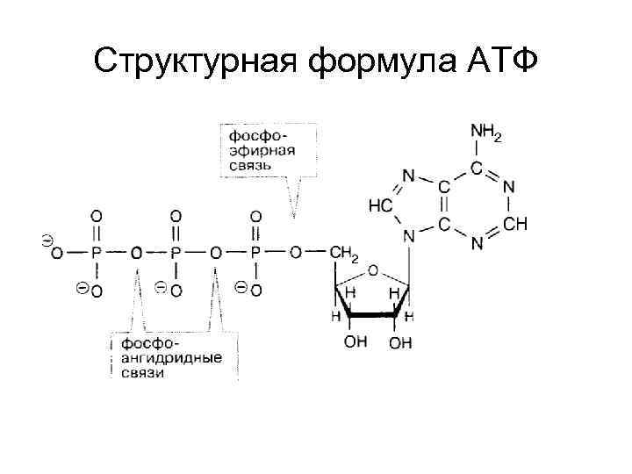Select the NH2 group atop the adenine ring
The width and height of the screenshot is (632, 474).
[486, 134]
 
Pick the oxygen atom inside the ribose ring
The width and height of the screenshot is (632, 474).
[372, 270]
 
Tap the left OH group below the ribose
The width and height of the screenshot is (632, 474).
[355, 342]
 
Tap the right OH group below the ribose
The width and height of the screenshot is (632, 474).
[400, 342]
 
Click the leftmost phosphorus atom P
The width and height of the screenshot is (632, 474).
[97, 253]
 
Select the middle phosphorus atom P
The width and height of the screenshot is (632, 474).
[176, 253]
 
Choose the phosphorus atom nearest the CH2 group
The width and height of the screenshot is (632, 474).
[255, 253]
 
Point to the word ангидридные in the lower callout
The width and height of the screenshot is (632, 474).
[172, 358]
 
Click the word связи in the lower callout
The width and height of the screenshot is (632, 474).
[143, 373]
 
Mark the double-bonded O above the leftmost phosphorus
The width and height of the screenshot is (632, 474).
[97, 215]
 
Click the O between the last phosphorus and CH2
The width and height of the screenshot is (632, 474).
[296, 253]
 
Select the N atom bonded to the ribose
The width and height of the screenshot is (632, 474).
[408, 236]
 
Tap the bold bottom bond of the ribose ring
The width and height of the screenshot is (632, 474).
[373, 313]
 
